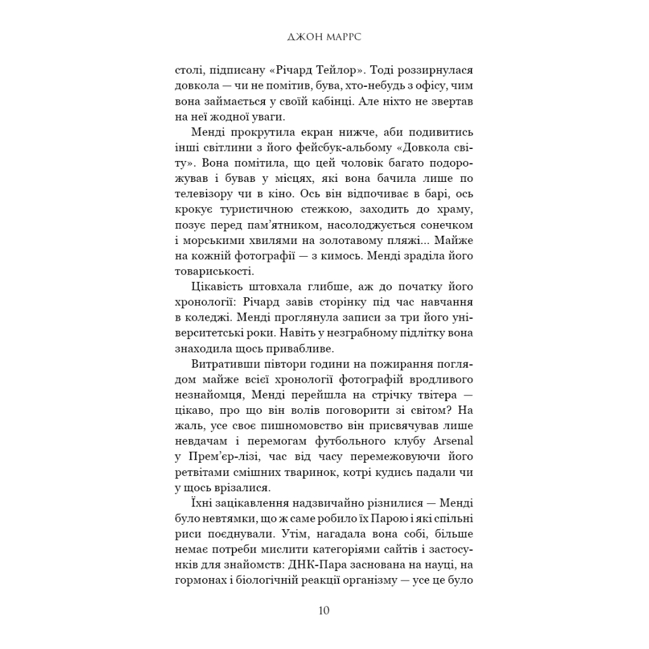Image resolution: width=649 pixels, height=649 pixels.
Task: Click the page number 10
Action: (x=324, y=611)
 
